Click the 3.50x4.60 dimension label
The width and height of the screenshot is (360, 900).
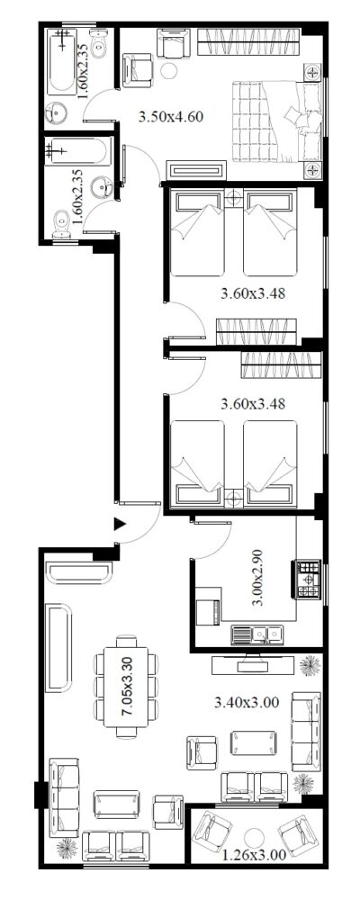[x=171, y=117]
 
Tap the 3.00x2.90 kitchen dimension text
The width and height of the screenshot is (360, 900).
[x=258, y=578]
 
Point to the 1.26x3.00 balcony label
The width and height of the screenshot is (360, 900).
[x=255, y=855]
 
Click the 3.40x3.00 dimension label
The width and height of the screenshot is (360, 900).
[x=247, y=702]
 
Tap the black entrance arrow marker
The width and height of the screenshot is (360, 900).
[x=120, y=524]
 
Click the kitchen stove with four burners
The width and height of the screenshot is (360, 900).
[x=307, y=579]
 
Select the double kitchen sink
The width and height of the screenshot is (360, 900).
[x=257, y=634]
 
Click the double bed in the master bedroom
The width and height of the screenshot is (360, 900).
[x=275, y=121]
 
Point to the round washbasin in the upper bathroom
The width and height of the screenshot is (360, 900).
[x=57, y=112]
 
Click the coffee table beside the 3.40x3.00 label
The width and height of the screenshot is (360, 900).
[x=253, y=742]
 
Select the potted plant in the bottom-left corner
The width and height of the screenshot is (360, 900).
[x=67, y=848]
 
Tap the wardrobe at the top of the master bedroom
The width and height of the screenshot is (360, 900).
[x=248, y=42]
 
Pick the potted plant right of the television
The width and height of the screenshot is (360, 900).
[x=310, y=665]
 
